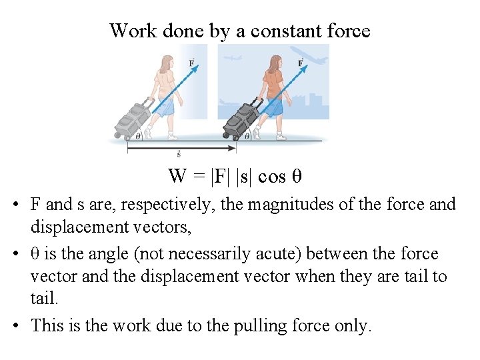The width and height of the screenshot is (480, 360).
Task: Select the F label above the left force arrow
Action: [192, 63]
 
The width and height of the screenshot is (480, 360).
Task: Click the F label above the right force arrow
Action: [301, 63]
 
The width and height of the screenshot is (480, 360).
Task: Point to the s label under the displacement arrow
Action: [179, 155]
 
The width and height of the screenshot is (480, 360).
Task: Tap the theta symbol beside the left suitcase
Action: [138, 135]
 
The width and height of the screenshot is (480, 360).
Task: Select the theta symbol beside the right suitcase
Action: [247, 135]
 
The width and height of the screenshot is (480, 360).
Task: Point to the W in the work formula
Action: [177, 176]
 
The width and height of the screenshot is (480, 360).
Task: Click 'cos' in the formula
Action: [271, 177]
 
